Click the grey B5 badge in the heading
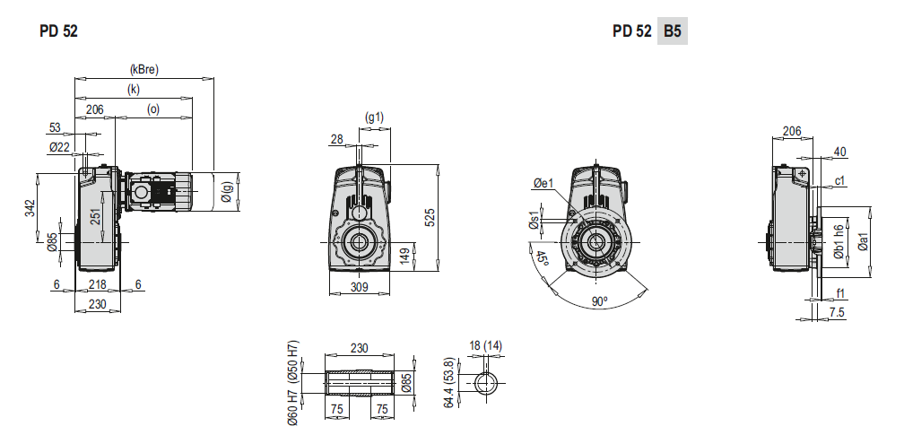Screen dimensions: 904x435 click(x=673, y=30)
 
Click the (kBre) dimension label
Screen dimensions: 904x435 click(x=144, y=70)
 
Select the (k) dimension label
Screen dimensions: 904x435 click(x=133, y=90)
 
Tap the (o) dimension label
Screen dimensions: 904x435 click(x=153, y=109)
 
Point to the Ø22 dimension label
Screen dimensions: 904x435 click(x=59, y=147)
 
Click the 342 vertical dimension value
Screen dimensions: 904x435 click(x=30, y=208)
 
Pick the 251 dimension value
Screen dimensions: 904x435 click(x=96, y=216)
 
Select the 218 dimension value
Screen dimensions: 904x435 click(x=97, y=284)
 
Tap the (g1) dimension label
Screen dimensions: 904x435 click(x=374, y=117)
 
